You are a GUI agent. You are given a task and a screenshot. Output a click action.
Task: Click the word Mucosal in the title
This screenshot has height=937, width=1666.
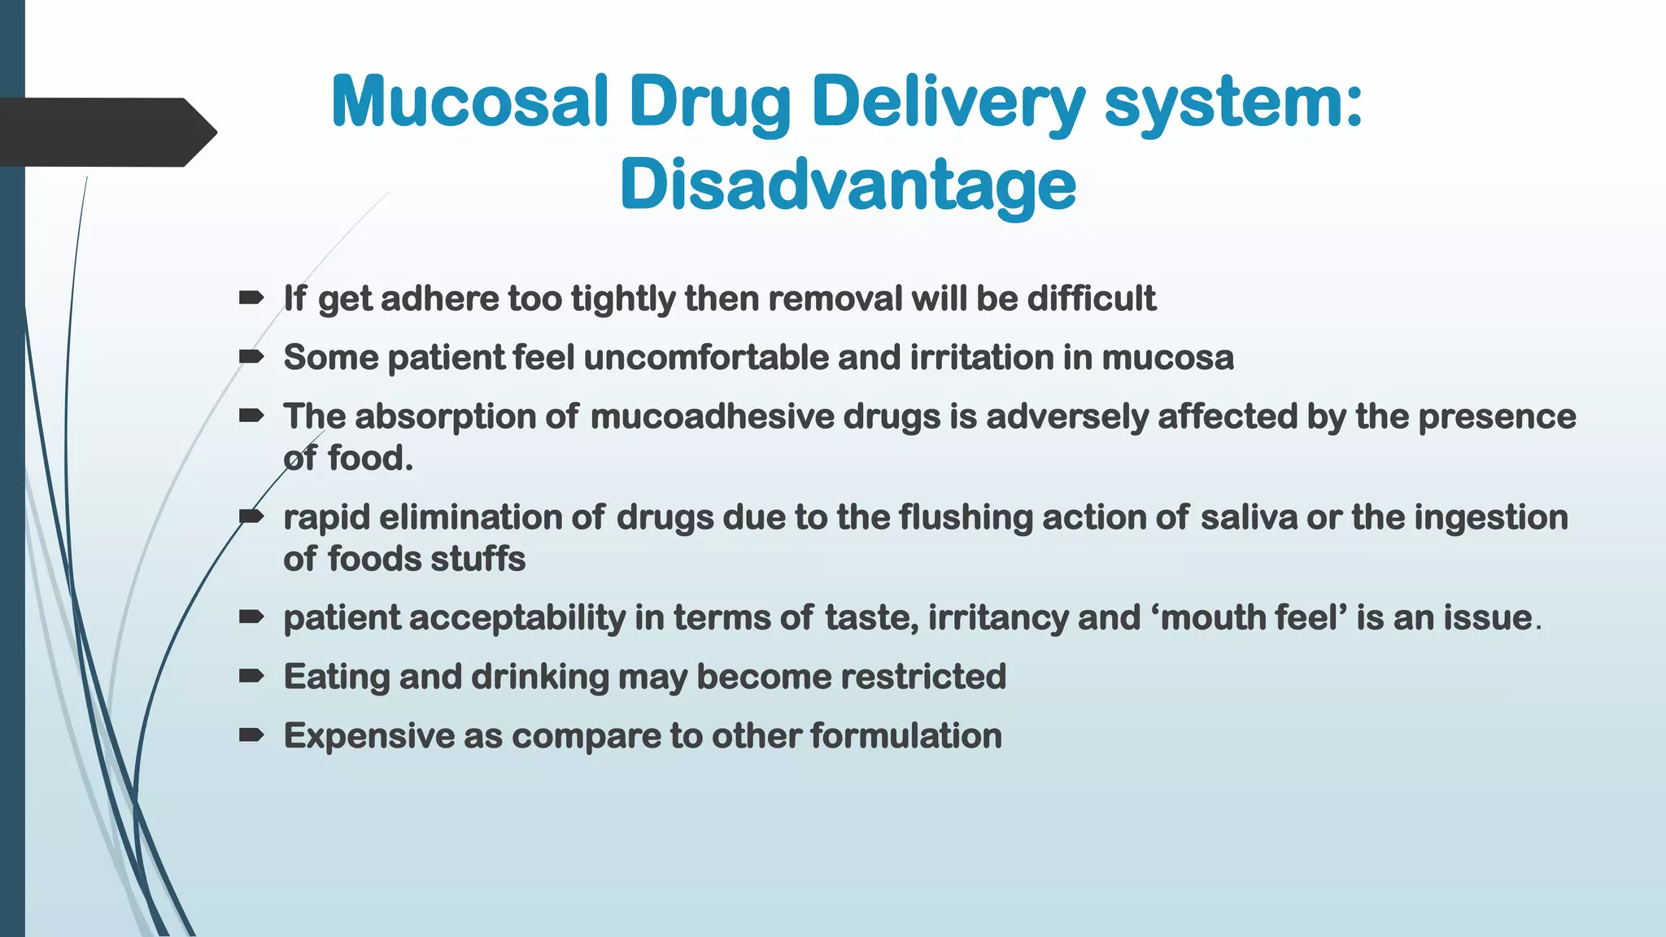pos(470,102)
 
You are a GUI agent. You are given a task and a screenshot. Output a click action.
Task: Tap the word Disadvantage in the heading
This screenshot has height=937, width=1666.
pos(848,185)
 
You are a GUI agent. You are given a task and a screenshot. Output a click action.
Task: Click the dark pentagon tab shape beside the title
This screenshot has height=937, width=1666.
pos(106,132)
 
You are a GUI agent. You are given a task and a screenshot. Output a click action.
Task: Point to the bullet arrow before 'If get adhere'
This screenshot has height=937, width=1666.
pos(251,298)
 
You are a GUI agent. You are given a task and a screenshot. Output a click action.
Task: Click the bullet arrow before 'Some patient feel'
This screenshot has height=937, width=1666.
pos(251,356)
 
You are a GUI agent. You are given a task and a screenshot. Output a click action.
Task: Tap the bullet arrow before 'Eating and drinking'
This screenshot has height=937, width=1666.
pos(251,675)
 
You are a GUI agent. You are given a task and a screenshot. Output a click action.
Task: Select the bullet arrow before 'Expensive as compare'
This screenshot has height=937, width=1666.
pos(251,735)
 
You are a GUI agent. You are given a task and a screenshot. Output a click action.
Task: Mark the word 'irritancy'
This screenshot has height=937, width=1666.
pos(998,618)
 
